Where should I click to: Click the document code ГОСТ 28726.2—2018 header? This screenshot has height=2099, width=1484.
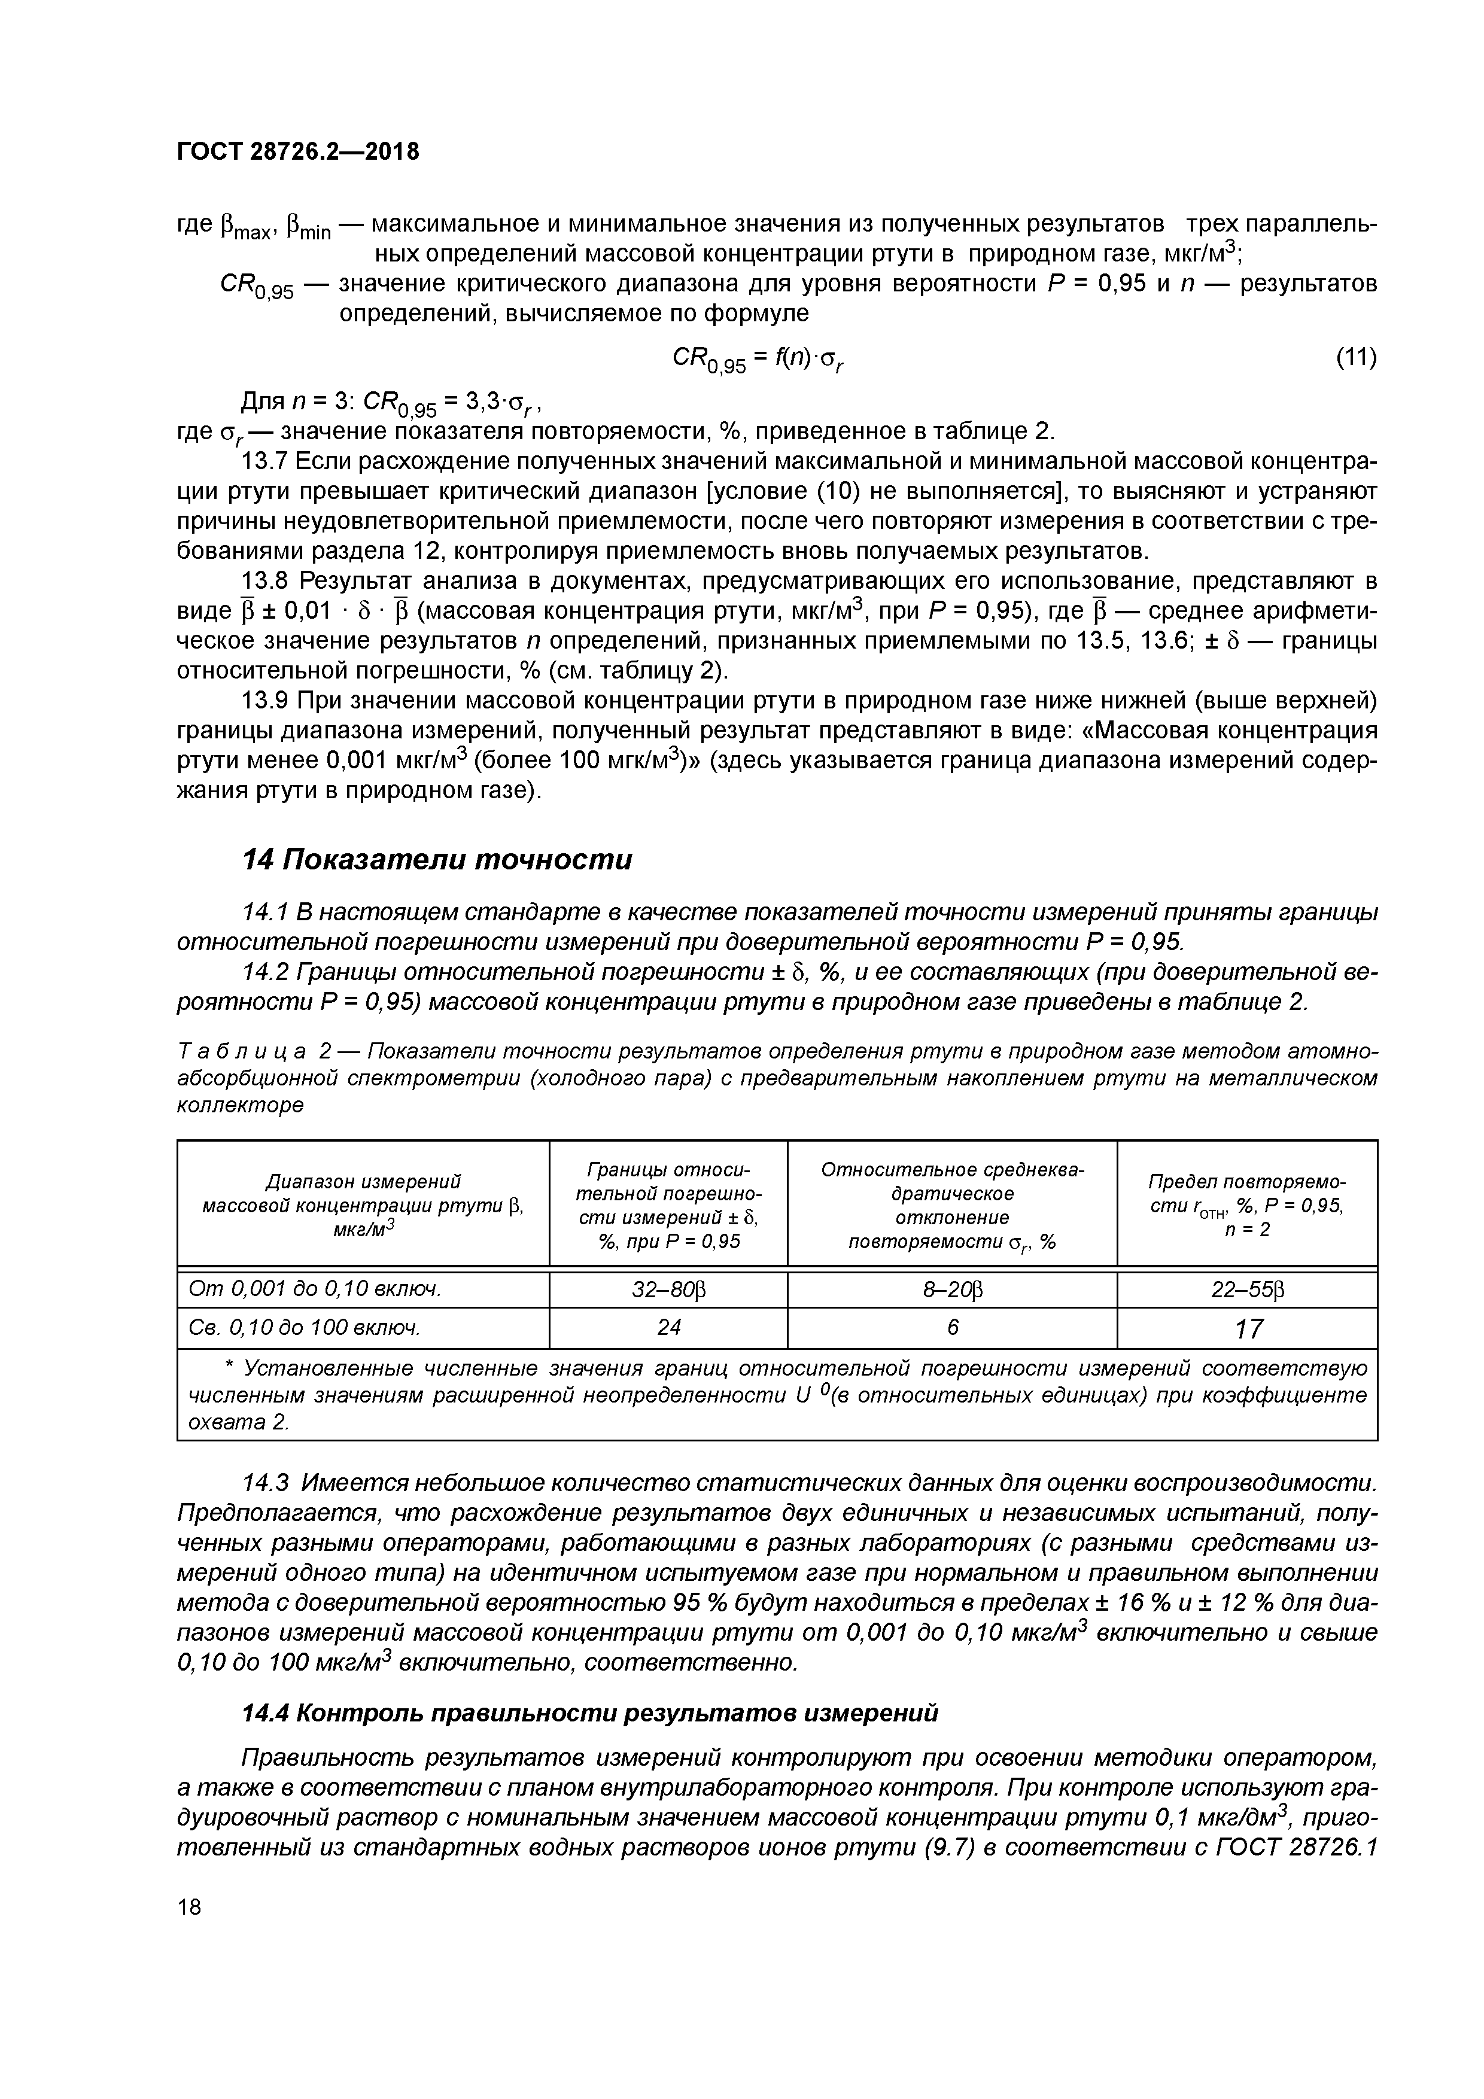coord(297,152)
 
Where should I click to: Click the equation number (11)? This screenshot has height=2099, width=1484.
coord(1356,357)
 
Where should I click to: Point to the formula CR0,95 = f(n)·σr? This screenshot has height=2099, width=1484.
coord(758,359)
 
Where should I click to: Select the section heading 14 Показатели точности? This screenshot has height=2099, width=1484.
coord(436,859)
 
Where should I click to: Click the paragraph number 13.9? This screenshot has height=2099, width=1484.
coord(264,700)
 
